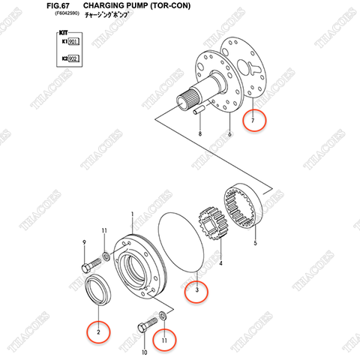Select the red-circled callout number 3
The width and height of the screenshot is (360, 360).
click(x=197, y=288)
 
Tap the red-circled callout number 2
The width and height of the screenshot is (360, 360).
click(x=97, y=329)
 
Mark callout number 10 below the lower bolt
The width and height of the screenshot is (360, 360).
click(x=144, y=352)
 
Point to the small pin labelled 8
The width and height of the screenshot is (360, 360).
click(x=200, y=109)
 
